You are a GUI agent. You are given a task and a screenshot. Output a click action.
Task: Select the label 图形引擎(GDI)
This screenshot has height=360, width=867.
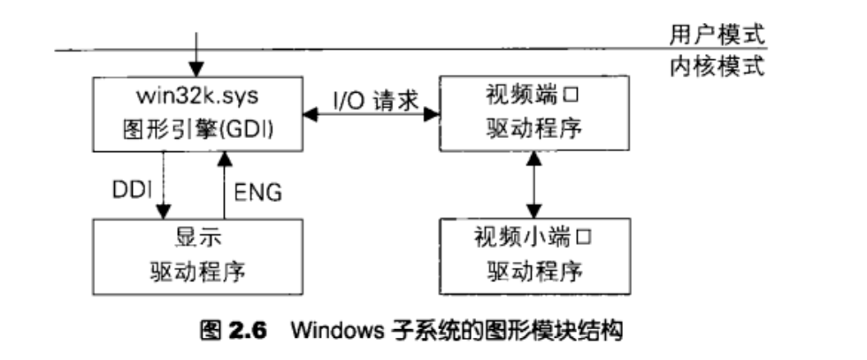(196, 129)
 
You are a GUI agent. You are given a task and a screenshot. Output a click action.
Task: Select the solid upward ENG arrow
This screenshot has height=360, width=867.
(225, 186)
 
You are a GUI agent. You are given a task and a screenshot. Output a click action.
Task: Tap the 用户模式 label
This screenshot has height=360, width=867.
(717, 33)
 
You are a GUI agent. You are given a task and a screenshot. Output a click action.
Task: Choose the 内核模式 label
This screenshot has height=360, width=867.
(717, 66)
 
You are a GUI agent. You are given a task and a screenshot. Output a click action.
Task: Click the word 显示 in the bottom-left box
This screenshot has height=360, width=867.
(196, 239)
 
